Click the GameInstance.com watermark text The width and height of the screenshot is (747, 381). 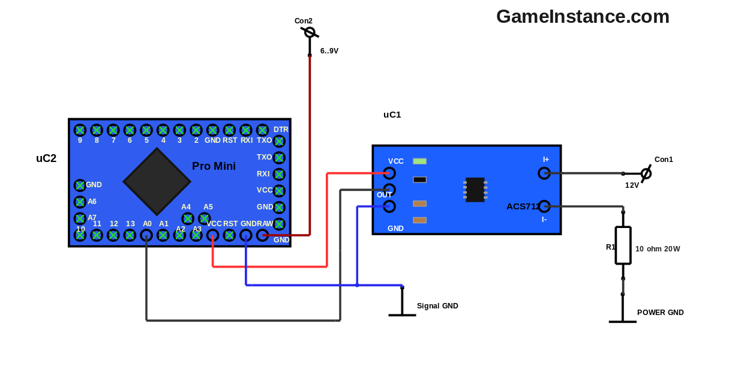point(583,17)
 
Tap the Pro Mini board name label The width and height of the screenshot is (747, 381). point(214,166)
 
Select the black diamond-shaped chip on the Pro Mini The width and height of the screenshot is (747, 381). point(157,181)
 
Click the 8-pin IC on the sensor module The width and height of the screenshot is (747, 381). point(475,190)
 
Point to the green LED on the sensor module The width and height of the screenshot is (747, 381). point(420,161)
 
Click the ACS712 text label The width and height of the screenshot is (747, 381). point(522,206)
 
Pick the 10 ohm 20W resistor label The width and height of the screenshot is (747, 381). point(658,249)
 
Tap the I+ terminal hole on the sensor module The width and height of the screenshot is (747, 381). point(544,173)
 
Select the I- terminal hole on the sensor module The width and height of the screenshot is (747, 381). point(544,206)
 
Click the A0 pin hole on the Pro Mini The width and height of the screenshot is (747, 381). point(146,236)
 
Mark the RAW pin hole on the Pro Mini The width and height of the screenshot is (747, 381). point(262,236)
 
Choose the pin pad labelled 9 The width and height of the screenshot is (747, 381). point(80,130)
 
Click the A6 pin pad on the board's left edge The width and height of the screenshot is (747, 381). point(80,202)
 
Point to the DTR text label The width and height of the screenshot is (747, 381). point(281,130)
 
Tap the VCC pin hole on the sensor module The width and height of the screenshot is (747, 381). point(389,173)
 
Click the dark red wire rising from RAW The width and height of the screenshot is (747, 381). point(310,144)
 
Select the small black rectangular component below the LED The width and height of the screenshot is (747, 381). point(420,179)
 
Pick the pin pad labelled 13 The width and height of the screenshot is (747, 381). point(130,236)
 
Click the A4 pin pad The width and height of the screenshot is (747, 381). point(188,218)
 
